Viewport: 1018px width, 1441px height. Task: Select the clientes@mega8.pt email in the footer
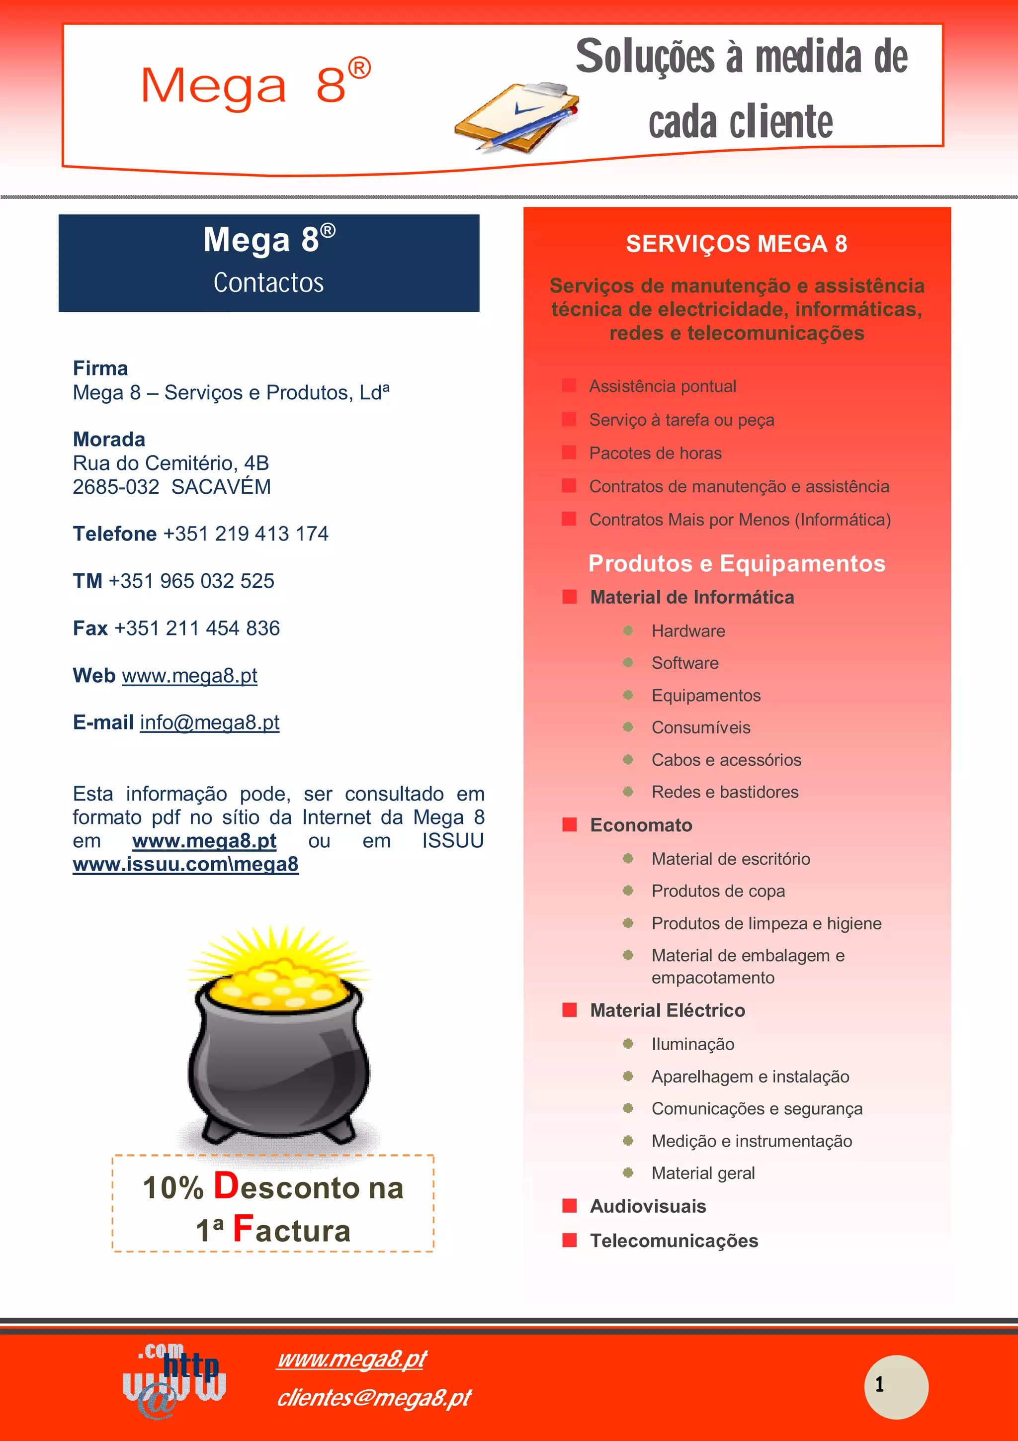pos(374,1398)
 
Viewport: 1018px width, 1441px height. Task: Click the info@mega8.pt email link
pos(209,723)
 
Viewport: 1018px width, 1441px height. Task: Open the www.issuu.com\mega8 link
pos(186,864)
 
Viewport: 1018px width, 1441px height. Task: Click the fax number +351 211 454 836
pos(197,628)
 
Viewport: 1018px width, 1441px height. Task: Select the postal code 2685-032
pos(116,487)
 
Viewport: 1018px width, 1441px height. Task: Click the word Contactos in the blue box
pos(268,283)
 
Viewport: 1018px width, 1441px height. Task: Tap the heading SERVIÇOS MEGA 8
pos(736,244)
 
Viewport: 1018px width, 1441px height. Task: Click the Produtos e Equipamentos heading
pos(736,563)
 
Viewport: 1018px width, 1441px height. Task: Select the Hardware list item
pos(688,631)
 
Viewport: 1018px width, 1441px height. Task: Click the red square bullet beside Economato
pos(570,825)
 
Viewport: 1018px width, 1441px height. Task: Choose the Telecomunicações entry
pos(674,1241)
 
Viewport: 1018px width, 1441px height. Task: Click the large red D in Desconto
pos(226,1185)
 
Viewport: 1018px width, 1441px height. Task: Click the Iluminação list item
pos(692,1044)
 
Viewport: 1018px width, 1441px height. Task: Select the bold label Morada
pos(109,440)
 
